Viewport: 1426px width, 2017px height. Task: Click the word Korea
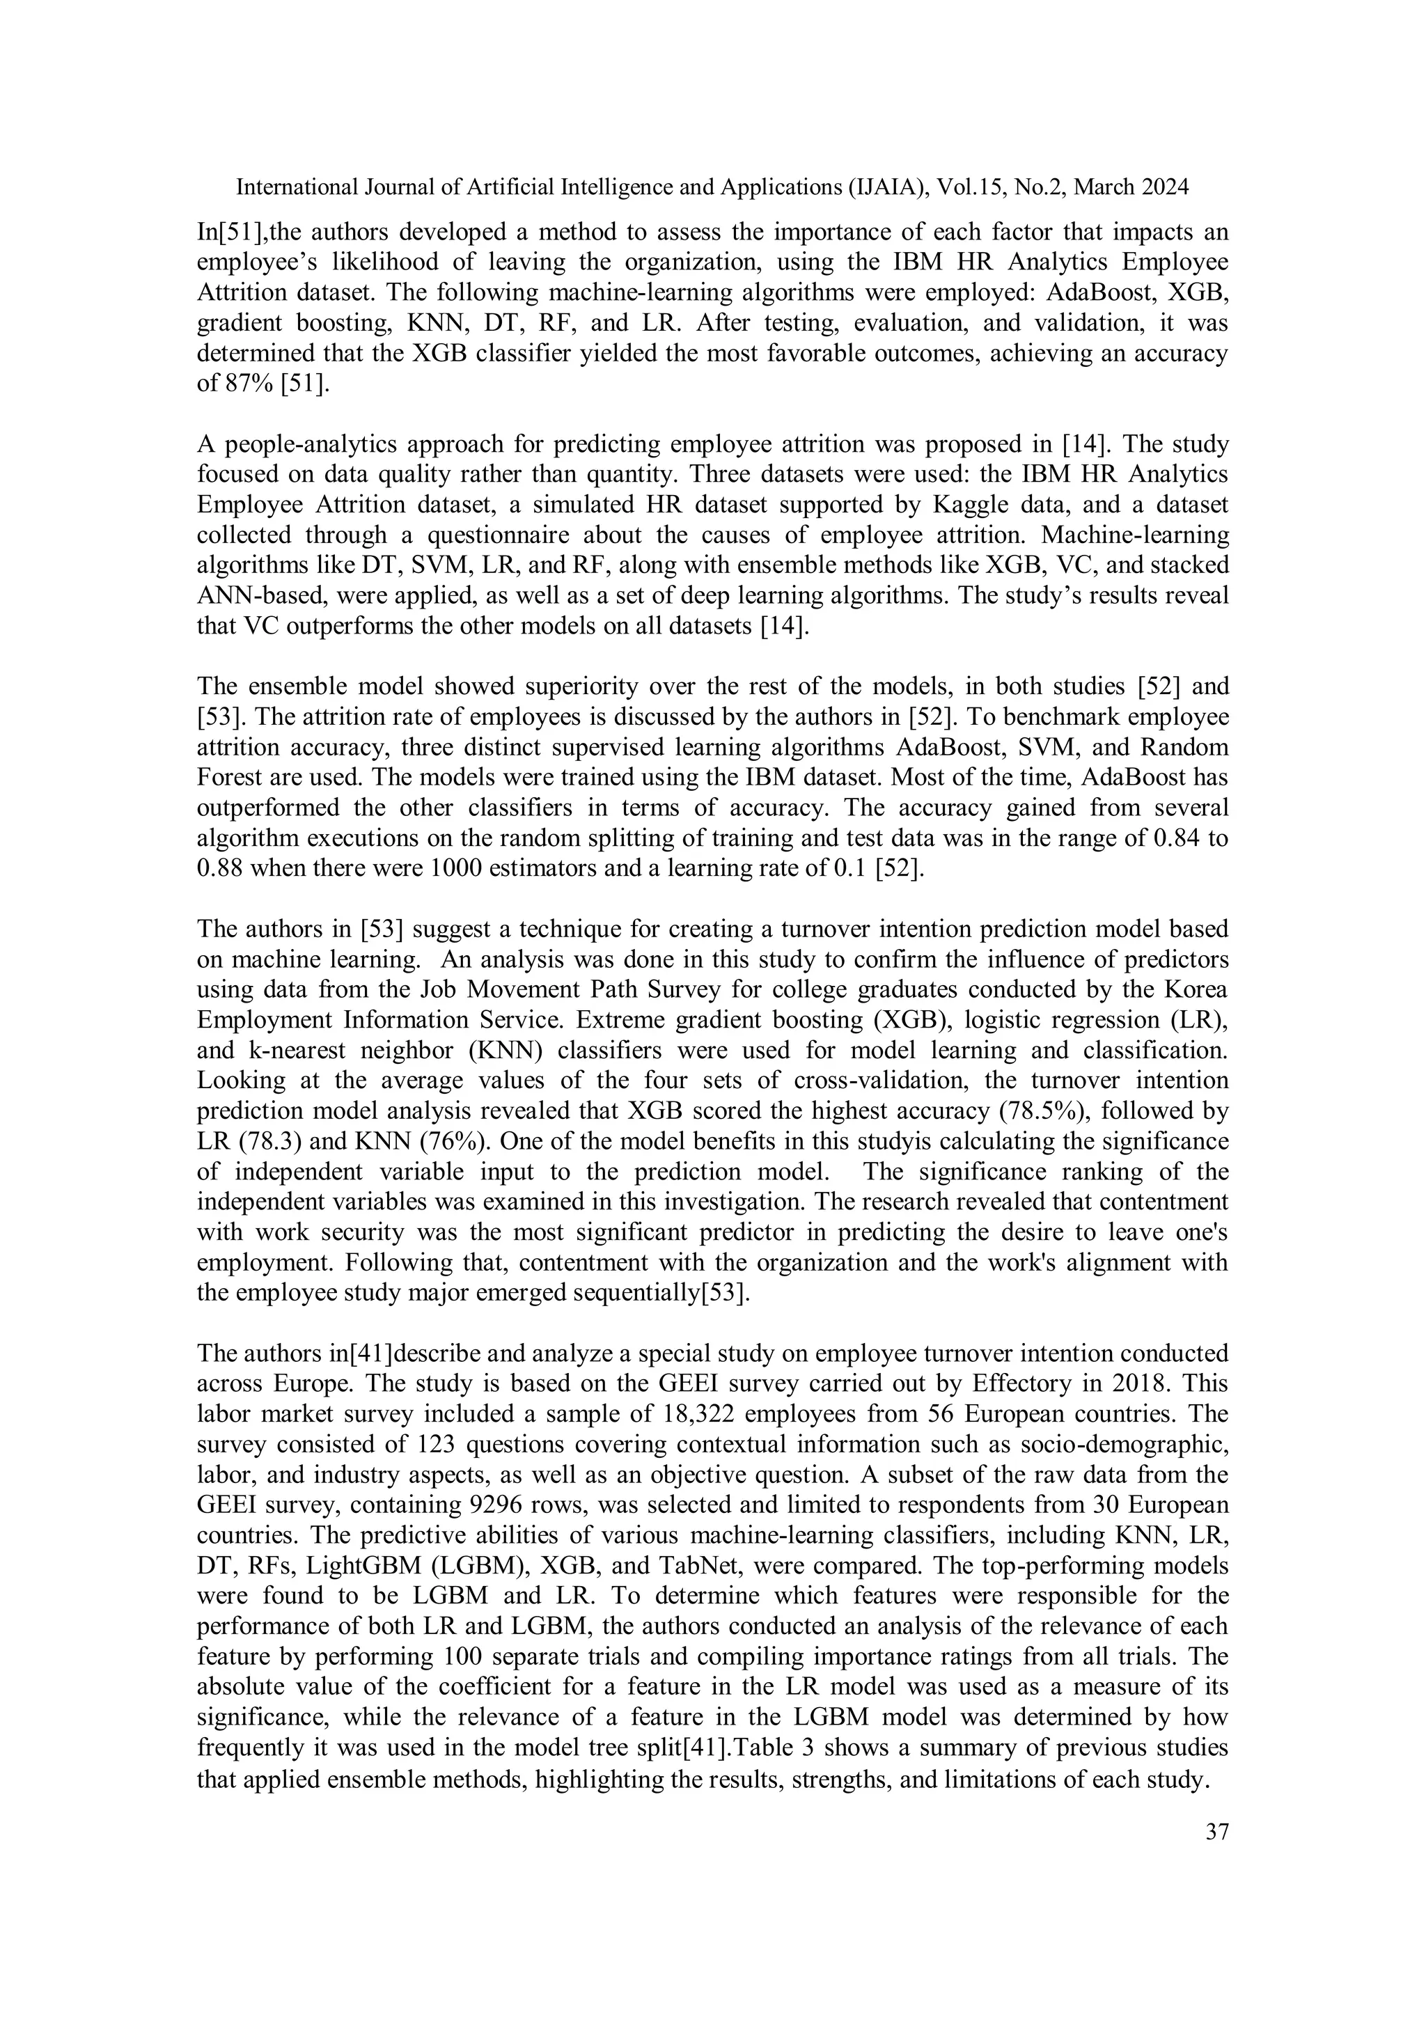[x=1198, y=989]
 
